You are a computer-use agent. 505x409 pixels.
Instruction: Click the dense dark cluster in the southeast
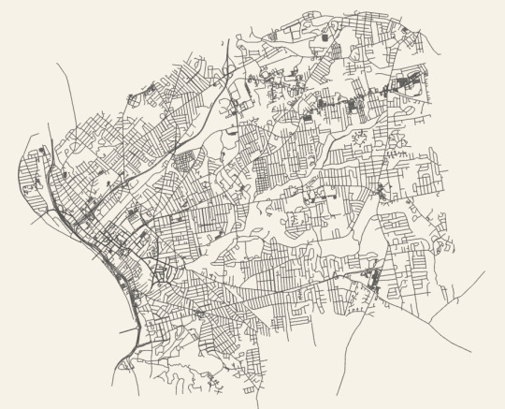[x=373, y=278]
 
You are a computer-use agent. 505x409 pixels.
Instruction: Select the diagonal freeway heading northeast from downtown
[x=187, y=140]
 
